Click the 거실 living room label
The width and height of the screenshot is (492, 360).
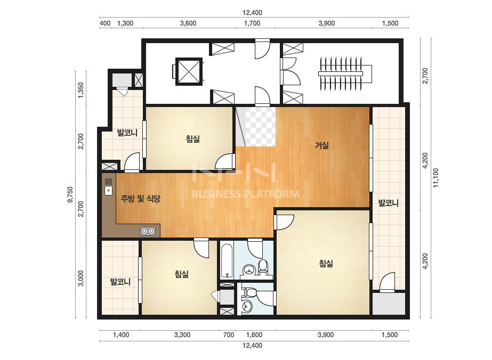coord(321,145)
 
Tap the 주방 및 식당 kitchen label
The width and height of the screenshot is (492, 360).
coord(141,198)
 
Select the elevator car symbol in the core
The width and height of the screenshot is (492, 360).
coord(189,71)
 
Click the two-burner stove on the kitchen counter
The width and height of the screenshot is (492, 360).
coord(148,232)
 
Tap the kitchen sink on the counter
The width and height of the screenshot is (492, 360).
coord(108,190)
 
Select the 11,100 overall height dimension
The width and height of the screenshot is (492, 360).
coord(436,178)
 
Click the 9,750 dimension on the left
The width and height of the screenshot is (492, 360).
coord(70,194)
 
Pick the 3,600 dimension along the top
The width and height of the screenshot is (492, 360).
coord(188,23)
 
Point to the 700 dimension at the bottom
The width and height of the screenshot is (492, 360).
coord(229,335)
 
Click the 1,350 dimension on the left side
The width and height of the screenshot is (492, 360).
coord(81,91)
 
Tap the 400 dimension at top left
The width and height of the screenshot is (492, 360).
coord(105,23)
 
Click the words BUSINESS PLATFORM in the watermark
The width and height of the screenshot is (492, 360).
coord(245,194)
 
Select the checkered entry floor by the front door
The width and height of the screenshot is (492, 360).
coord(260,126)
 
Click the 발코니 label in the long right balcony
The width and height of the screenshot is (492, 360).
coord(388,203)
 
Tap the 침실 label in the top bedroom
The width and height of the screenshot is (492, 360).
coord(192,138)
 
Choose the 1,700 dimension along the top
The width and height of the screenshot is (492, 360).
coord(252,23)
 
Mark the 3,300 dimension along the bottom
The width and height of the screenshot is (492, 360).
coord(182,335)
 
